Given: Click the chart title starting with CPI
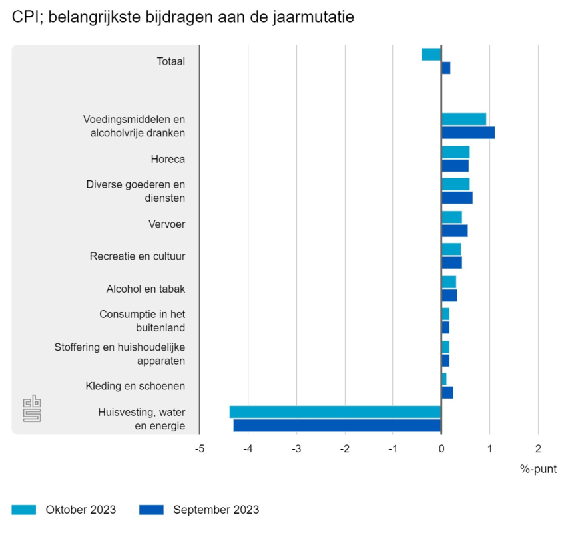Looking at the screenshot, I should (x=182, y=18).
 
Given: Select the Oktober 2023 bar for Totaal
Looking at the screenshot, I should (x=432, y=55).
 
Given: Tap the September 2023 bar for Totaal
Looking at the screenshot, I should (x=446, y=68).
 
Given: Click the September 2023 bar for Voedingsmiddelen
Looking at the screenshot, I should (x=468, y=132).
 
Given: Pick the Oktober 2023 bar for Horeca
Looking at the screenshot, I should (x=455, y=152).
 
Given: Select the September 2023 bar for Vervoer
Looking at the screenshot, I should (x=455, y=230).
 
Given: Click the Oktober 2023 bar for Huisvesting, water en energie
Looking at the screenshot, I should (x=336, y=412).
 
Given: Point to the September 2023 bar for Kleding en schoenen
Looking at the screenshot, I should (x=447, y=393).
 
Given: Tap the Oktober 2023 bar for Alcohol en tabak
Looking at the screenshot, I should (x=449, y=282).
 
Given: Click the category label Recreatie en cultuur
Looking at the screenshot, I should (x=137, y=256).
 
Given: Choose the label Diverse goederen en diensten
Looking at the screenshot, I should (x=136, y=191).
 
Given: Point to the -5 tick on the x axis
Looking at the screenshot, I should (x=199, y=449).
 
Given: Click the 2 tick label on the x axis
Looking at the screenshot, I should (x=538, y=449).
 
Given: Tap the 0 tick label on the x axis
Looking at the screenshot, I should (x=441, y=449).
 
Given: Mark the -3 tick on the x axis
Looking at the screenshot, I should (x=296, y=449).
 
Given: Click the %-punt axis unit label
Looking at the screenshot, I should (x=538, y=469).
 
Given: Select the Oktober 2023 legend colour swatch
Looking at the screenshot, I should (x=24, y=510).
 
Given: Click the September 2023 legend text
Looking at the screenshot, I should (x=216, y=510).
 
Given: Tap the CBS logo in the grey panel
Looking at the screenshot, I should (x=32, y=409).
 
